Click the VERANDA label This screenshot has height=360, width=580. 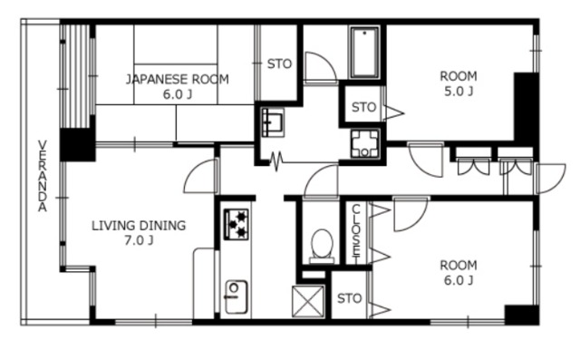[x=43, y=176]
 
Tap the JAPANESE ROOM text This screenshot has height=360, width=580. [x=178, y=79]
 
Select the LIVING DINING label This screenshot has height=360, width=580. [x=139, y=225]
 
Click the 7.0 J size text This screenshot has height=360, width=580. [x=139, y=241]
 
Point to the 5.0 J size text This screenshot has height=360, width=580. [x=459, y=91]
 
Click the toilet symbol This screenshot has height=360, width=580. [x=322, y=246]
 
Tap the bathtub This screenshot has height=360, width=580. [x=364, y=53]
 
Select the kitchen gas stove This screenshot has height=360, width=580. [x=237, y=224]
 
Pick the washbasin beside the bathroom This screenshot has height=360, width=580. [x=273, y=122]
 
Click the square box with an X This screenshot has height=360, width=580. [x=308, y=302]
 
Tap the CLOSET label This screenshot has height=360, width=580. [x=356, y=230]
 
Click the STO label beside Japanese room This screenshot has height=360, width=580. [x=279, y=64]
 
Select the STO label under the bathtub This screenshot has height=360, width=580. [x=363, y=107]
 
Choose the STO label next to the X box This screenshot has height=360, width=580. [x=349, y=298]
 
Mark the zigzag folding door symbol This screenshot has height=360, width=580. [x=275, y=161]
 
